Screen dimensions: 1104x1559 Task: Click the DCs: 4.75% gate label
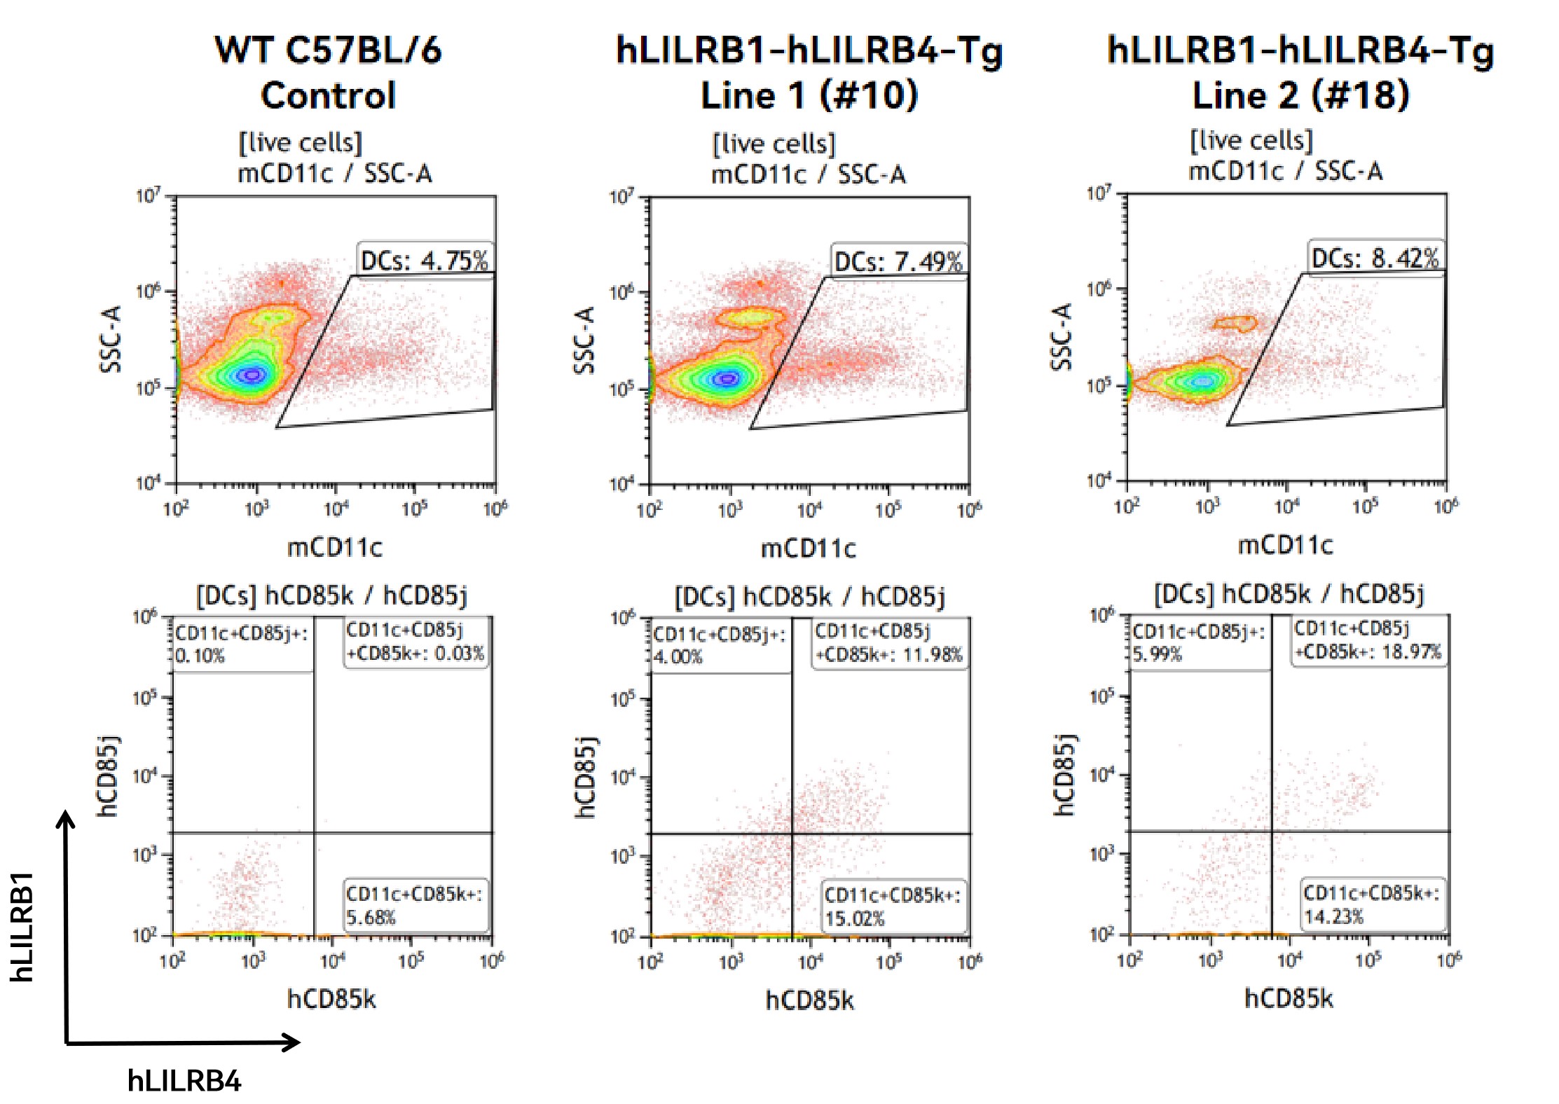(x=424, y=261)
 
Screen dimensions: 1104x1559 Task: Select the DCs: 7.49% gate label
(x=898, y=262)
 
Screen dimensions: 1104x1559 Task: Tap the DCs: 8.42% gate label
(x=1375, y=258)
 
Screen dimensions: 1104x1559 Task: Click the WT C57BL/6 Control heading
(x=328, y=72)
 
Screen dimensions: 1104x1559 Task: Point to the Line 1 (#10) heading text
(x=809, y=95)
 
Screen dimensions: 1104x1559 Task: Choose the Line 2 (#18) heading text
(x=1300, y=95)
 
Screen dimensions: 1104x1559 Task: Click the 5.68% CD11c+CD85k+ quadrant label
(x=414, y=905)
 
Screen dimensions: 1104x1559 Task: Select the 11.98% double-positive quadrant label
(x=888, y=642)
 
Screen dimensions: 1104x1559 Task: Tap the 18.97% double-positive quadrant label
(x=1367, y=640)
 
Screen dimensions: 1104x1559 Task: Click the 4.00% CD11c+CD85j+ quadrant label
(x=719, y=645)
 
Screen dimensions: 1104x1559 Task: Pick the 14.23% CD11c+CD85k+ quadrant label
(x=1371, y=904)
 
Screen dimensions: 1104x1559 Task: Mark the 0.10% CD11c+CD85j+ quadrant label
(x=241, y=644)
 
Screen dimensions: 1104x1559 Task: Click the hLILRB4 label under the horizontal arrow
(x=184, y=1081)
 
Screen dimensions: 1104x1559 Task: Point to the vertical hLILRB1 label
(x=22, y=926)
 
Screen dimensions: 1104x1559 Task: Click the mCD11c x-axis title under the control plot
(x=335, y=547)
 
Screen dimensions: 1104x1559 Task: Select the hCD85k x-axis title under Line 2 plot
(x=1288, y=998)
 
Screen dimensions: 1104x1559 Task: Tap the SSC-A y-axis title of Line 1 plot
(x=584, y=340)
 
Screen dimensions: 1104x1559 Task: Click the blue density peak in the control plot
(x=252, y=375)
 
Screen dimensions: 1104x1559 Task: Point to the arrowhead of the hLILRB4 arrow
(x=292, y=1042)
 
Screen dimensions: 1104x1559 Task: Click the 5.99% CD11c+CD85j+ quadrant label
(x=1198, y=642)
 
